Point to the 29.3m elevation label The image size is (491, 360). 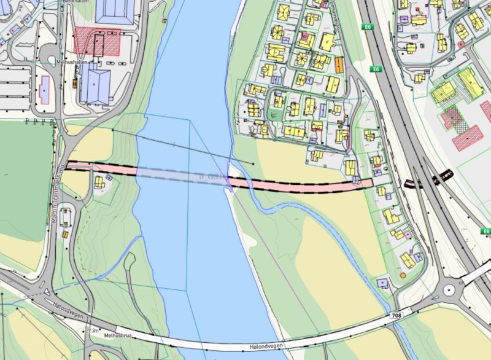click(x=92, y=331)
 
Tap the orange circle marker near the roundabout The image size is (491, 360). click(x=403, y=276)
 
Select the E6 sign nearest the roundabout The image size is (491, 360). click(x=486, y=232)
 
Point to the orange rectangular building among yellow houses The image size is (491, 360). click(x=339, y=64)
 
